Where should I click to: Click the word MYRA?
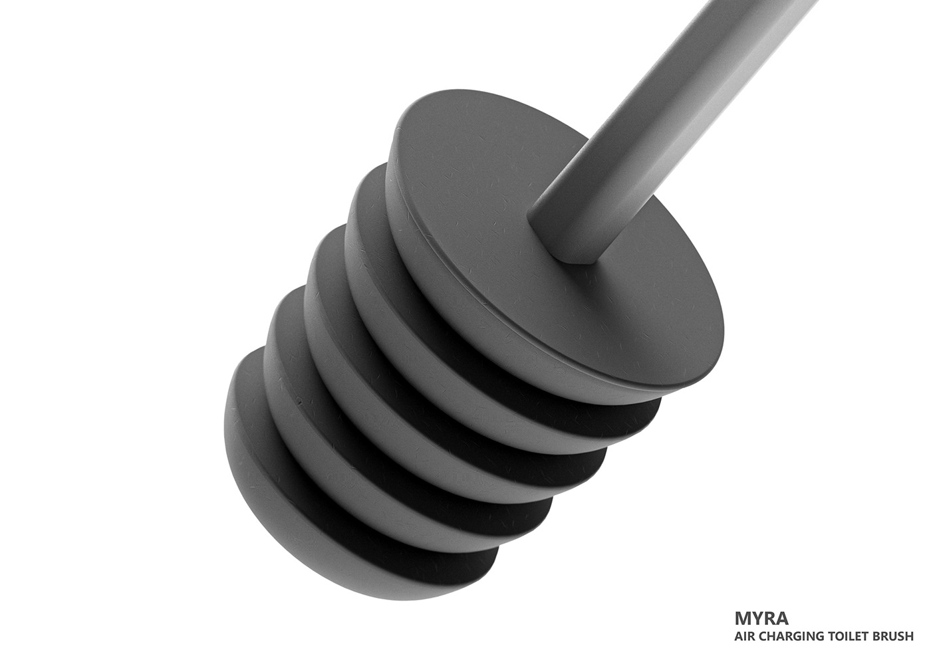point(761,618)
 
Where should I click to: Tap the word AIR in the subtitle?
point(744,637)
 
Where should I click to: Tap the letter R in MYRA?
point(769,618)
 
